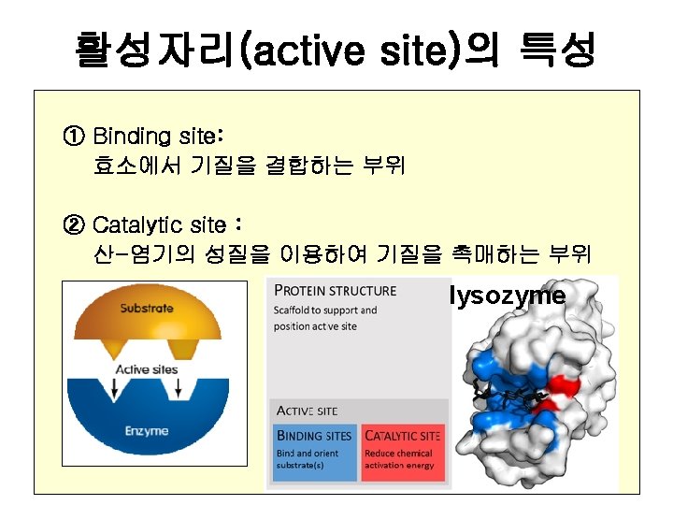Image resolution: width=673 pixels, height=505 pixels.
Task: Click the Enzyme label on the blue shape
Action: (x=148, y=431)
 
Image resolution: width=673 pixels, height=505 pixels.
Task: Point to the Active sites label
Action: (x=147, y=369)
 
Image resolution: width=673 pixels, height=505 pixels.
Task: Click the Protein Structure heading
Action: (x=336, y=290)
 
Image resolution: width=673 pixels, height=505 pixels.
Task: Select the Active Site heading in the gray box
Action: (x=308, y=411)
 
